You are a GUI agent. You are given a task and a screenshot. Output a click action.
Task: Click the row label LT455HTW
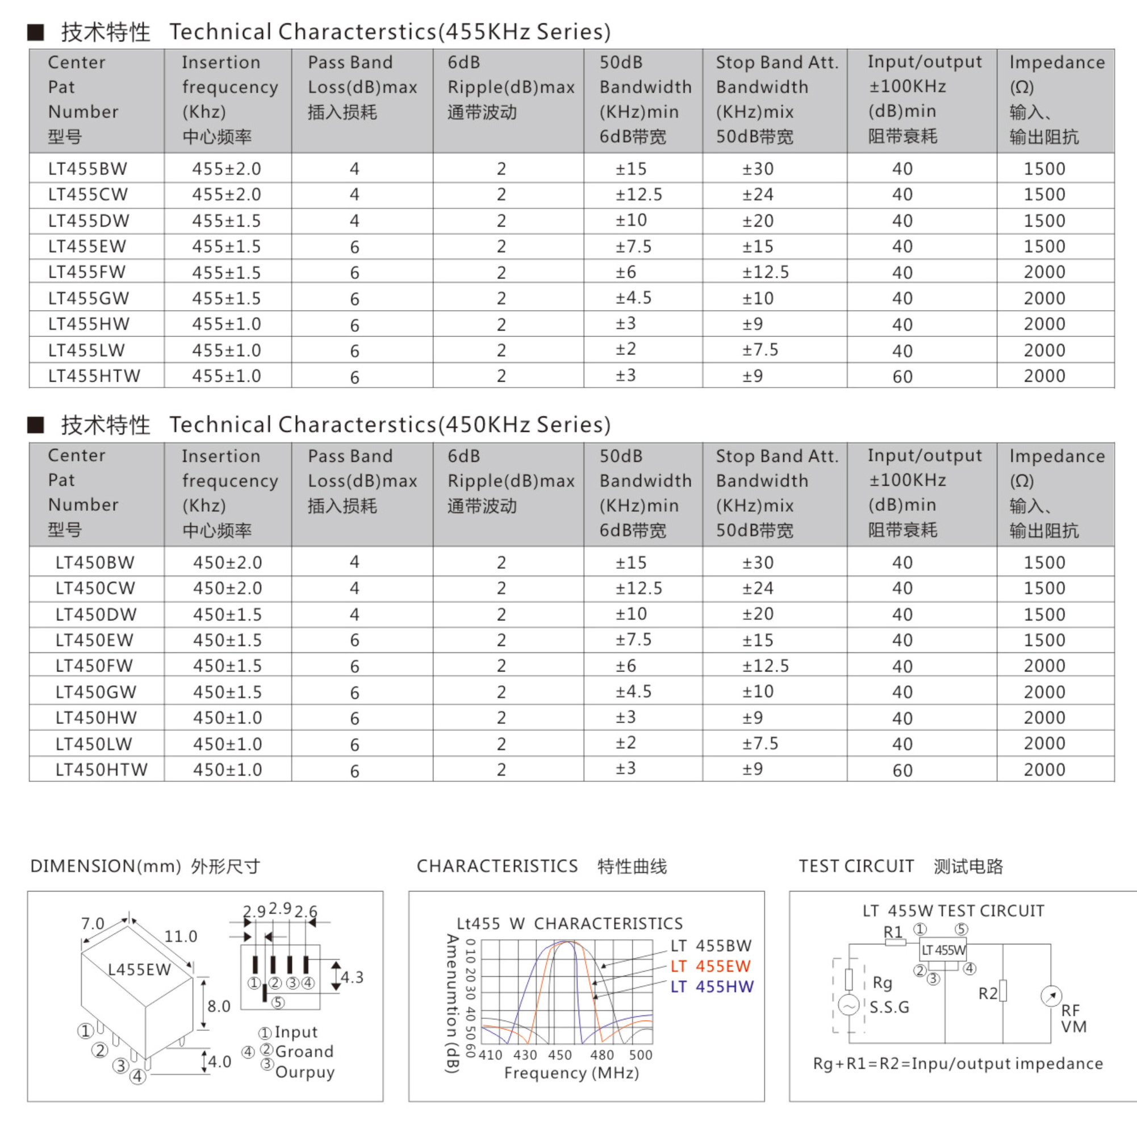(94, 376)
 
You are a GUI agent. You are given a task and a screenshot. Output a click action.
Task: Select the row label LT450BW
(95, 562)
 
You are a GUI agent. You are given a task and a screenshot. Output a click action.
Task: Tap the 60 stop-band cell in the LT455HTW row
(902, 376)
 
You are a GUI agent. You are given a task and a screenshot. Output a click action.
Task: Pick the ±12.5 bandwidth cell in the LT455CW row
(638, 194)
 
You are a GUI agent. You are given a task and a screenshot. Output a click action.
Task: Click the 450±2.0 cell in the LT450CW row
(227, 588)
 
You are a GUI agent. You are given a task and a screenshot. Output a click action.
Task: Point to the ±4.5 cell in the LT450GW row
(633, 691)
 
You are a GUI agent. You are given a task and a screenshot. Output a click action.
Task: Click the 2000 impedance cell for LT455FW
(1044, 272)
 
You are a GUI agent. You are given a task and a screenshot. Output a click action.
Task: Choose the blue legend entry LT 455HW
(712, 987)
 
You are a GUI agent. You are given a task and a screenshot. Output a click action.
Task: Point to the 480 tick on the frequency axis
(601, 1055)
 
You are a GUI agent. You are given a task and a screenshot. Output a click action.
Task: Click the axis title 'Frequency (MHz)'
(571, 1073)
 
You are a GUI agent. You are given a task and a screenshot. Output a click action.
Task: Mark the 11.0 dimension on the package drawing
(180, 936)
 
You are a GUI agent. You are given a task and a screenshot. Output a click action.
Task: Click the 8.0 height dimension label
(218, 1006)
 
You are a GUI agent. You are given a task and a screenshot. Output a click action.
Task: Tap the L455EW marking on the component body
(140, 969)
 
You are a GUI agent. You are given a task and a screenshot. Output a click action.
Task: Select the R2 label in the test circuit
(988, 994)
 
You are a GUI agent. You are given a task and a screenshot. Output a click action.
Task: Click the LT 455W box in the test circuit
(943, 949)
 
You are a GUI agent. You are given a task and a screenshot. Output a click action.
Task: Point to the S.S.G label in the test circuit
(889, 1007)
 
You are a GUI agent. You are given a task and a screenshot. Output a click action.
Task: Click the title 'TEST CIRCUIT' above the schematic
(856, 866)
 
